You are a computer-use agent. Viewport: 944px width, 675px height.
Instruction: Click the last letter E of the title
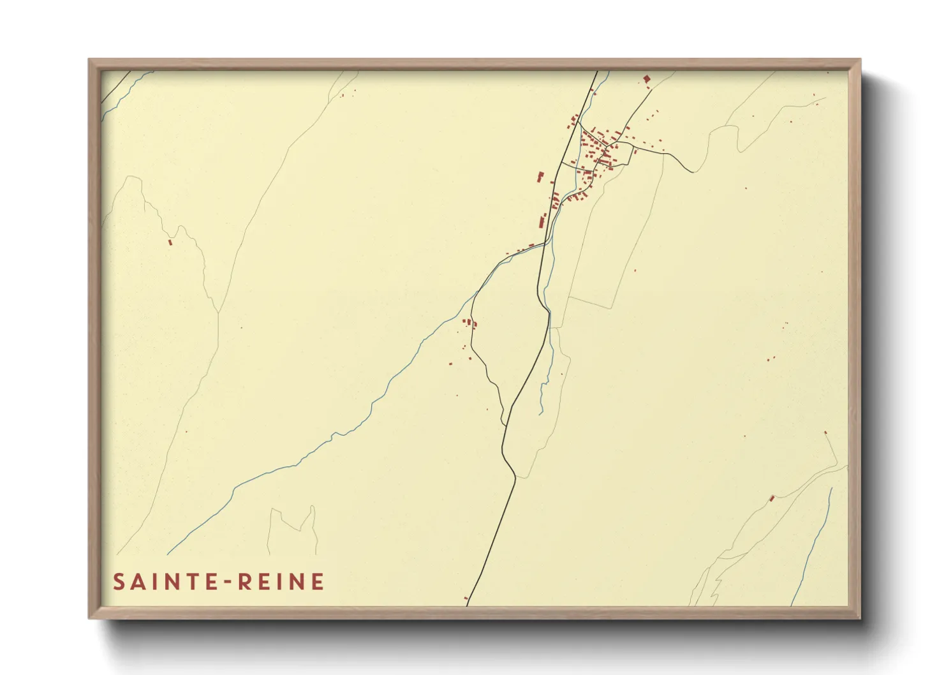coord(318,582)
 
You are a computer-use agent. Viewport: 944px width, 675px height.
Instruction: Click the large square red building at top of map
coord(646,79)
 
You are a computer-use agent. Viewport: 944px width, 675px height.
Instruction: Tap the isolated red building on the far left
coord(170,242)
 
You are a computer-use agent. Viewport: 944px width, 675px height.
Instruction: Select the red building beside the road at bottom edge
coord(466,598)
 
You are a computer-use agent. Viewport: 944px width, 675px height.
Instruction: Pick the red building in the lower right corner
coord(772,498)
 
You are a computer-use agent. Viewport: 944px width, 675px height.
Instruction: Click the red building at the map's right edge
coord(825,433)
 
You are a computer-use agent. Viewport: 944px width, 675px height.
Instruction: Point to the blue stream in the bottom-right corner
coord(813,549)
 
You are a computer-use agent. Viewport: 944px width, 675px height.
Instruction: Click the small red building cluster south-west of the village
coord(469,323)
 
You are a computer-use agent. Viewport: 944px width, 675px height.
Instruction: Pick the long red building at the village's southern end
coord(543,221)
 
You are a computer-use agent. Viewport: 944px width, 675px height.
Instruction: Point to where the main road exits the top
coord(597,71)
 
